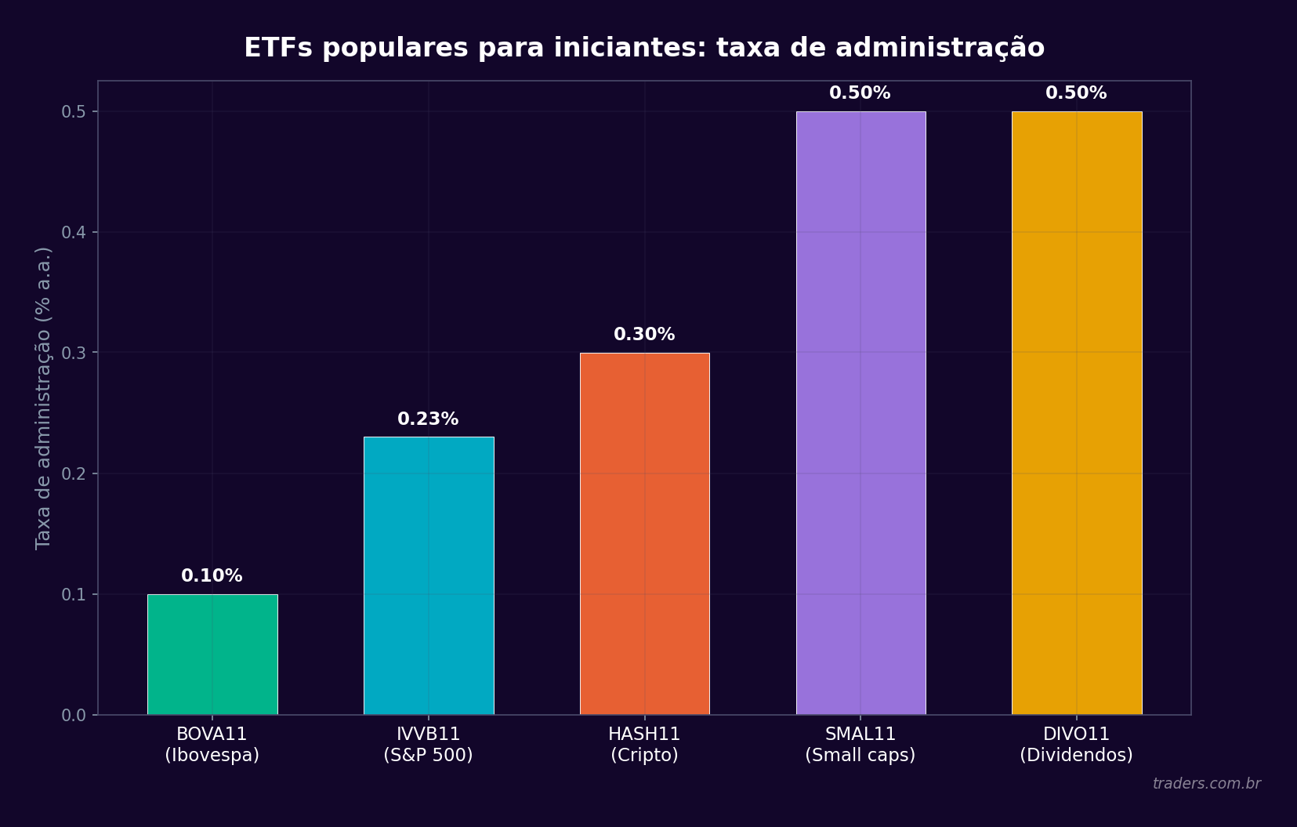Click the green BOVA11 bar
coord(212,655)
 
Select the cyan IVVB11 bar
coord(429,576)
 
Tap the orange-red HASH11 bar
coord(644,534)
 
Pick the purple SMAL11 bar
coord(860,413)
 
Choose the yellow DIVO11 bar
coord(1077,413)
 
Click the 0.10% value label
coord(212,576)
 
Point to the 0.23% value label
coord(428,419)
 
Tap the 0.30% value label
coord(644,335)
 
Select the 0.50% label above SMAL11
coord(860,93)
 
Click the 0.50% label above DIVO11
coord(1076,93)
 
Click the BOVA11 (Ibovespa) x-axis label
coord(212,745)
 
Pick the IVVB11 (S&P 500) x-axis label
coord(428,745)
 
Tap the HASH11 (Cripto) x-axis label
coord(644,745)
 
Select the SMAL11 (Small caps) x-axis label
coord(860,745)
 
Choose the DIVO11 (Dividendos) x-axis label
coord(1076,745)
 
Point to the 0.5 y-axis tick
coord(74,112)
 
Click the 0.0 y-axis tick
coord(74,715)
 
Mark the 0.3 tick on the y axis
coord(74,353)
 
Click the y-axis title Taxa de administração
coord(43,397)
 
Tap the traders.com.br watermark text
coord(1206,784)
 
